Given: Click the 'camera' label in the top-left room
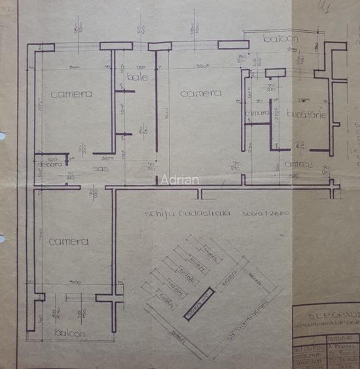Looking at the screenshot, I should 70,94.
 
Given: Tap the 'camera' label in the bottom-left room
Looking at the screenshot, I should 68,241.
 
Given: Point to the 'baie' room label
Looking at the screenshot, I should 138,77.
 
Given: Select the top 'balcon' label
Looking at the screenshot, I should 280,39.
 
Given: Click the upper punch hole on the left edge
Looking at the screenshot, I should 3,136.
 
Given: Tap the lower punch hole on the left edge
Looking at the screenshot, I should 3,239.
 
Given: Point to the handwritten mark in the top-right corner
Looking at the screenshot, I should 321,7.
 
